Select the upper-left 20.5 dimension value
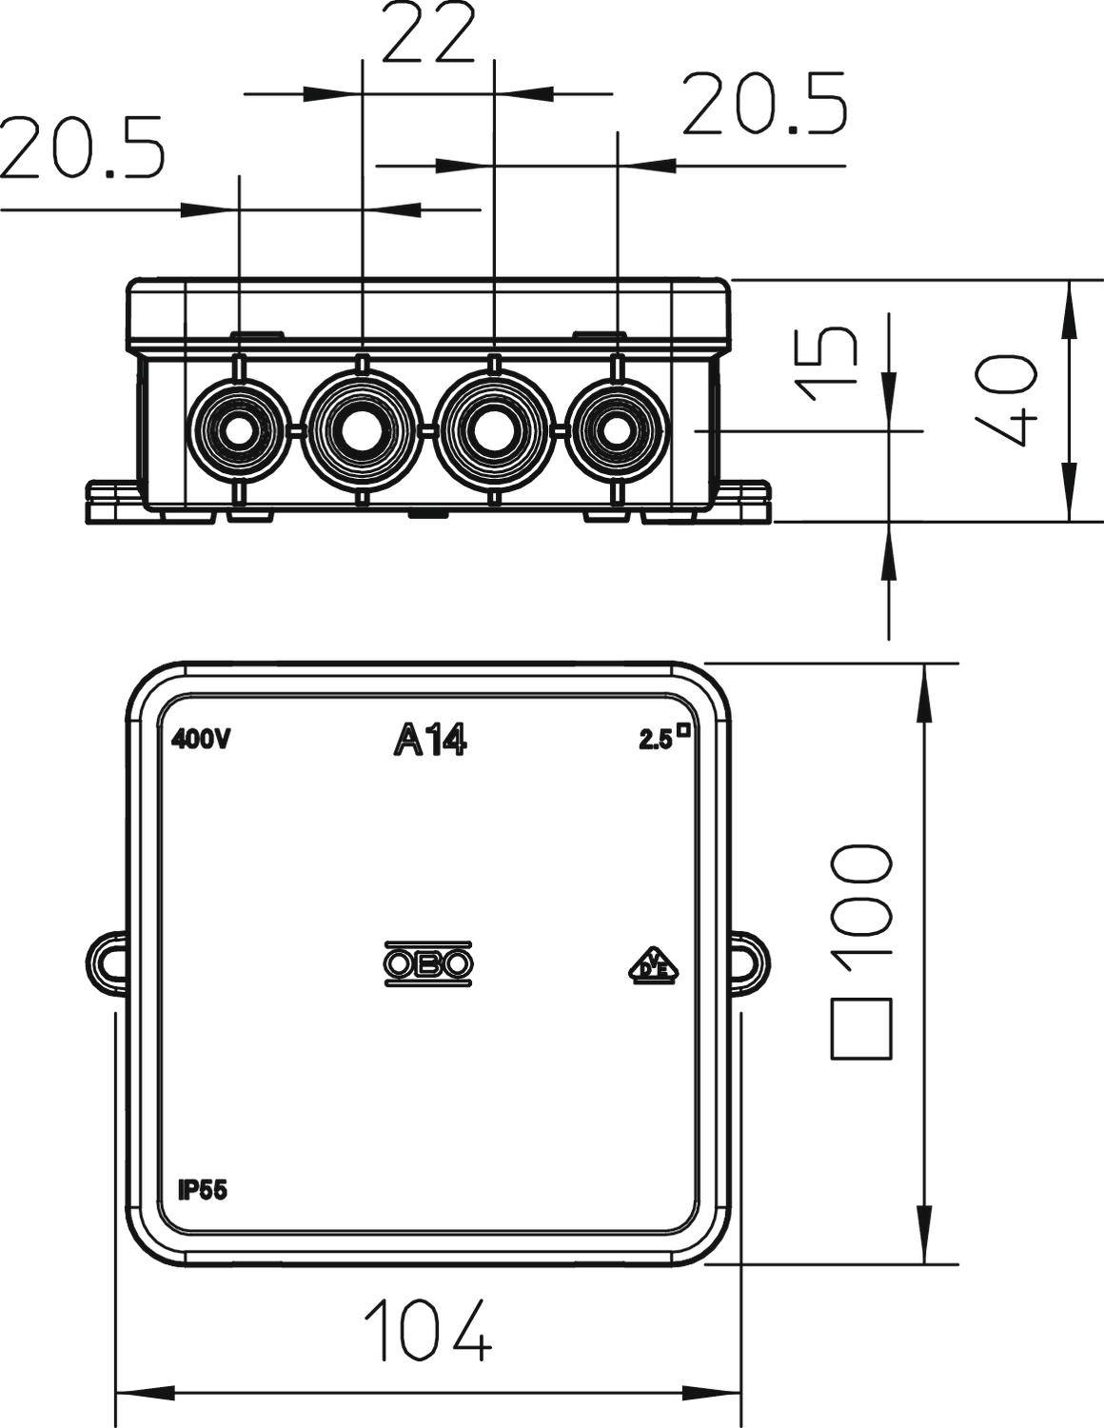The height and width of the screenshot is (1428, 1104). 84,149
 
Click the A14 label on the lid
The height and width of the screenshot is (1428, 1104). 430,740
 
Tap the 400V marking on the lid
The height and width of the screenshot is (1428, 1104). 201,740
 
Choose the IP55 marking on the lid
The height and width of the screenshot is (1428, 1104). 203,1190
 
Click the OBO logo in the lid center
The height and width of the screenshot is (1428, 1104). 429,964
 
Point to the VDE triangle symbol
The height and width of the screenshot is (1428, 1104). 654,965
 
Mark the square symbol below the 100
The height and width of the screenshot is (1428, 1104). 861,1029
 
